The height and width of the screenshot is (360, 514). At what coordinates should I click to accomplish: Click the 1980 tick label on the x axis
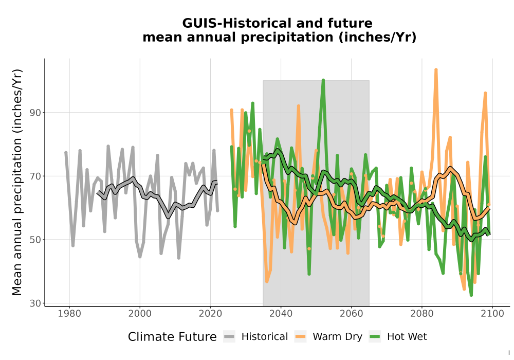pos(69,313)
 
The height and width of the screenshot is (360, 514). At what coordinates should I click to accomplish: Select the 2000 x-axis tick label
pos(140,313)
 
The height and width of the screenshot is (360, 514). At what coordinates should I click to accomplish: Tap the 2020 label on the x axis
pos(210,313)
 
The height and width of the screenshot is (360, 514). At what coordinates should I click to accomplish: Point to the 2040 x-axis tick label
pos(281,313)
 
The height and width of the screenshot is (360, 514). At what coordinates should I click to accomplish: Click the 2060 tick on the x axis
pos(352,313)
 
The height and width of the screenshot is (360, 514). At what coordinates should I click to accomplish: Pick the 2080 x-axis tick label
pos(422,313)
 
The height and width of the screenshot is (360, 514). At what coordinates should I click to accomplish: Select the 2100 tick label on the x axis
pos(492,313)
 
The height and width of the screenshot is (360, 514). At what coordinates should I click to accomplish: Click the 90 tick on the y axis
pos(35,113)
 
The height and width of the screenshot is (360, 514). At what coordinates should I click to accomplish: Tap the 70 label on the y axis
pos(35,176)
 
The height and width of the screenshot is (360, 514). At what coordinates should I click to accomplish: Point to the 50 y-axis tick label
pos(35,240)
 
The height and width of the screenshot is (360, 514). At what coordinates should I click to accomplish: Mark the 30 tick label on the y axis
pos(35,303)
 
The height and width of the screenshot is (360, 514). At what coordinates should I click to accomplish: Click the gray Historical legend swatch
pos(229,337)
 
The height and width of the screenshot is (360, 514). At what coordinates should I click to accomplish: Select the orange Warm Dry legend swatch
pos(300,337)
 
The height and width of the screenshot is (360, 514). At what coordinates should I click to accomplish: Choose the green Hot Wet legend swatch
pos(375,337)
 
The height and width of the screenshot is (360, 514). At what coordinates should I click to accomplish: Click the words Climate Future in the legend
pos(172,337)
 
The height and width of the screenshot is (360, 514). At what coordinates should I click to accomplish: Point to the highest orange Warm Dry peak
pos(436,69)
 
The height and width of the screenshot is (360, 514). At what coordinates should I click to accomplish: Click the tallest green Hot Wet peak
pos(323,80)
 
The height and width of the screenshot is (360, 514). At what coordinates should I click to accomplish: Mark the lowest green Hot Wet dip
pos(471,295)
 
